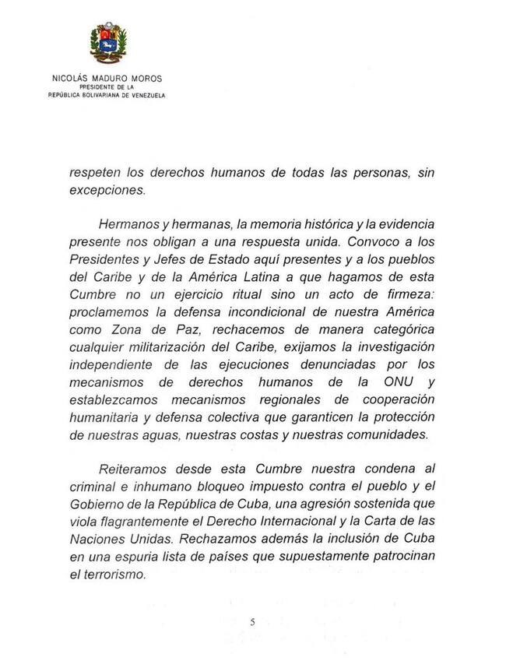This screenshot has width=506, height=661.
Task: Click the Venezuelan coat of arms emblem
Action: click(x=108, y=42)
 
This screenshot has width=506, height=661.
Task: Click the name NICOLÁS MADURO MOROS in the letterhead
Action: click(x=108, y=79)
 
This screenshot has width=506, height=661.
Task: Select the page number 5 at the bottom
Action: click(x=253, y=621)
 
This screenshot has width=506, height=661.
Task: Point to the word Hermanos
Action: click(x=128, y=225)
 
